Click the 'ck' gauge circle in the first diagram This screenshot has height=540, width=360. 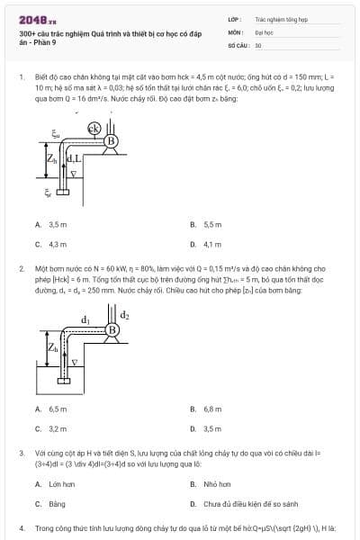tap(94, 130)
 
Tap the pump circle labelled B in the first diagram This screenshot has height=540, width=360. tap(112, 141)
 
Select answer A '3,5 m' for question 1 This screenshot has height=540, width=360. tap(52, 224)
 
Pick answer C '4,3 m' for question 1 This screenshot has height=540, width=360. tap(52, 243)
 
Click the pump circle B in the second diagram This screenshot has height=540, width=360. tap(112, 330)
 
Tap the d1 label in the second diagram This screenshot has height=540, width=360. tap(85, 319)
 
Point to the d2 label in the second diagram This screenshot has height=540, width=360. tap(125, 315)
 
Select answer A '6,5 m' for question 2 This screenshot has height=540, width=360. tap(52, 409)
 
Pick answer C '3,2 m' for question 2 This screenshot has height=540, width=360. tap(52, 428)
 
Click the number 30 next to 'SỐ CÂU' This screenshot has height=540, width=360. tap(258, 43)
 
